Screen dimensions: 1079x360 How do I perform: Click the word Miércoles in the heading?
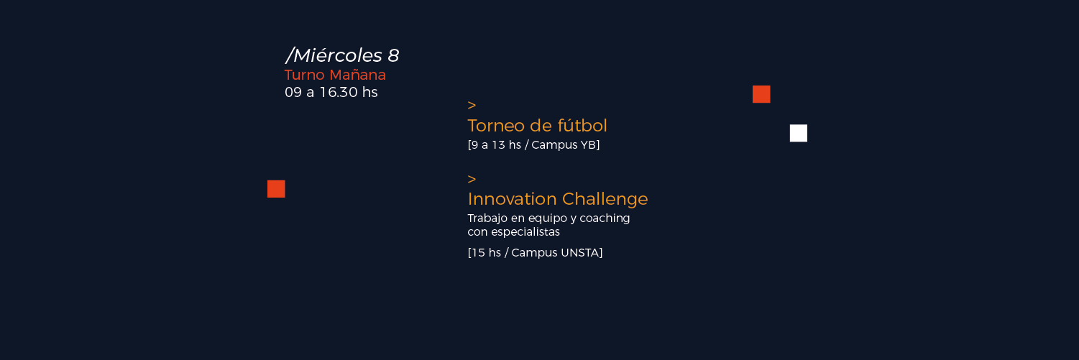coord(337,55)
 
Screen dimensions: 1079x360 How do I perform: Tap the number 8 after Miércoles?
coord(393,56)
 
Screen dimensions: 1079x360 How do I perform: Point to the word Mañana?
coord(358,75)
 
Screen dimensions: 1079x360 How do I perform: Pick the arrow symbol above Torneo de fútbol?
coord(472,105)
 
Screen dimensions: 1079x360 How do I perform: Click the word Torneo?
coord(496,126)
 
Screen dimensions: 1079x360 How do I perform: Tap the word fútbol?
coord(582,125)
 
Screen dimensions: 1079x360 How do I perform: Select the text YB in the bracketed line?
coord(589,145)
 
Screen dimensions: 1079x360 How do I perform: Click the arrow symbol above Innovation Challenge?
coord(472,179)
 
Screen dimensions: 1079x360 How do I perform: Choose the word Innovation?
coord(512,199)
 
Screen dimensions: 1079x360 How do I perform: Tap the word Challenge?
coord(605,199)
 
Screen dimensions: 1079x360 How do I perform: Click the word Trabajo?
coord(487,218)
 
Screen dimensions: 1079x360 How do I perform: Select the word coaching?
coord(605,218)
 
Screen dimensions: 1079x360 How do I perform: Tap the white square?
coord(798,134)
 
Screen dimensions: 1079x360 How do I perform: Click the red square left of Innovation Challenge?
coord(276,189)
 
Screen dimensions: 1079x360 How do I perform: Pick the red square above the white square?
coord(761,94)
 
